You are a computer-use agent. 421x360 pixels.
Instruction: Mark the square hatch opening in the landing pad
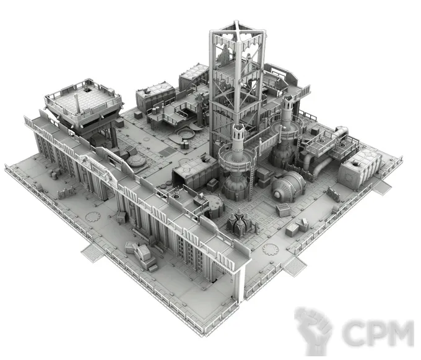click(87, 90)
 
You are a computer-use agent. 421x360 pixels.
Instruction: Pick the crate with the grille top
click(283, 210)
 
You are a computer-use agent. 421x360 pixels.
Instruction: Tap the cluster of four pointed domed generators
click(240, 222)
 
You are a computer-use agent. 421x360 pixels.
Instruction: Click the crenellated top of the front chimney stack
click(238, 131)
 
